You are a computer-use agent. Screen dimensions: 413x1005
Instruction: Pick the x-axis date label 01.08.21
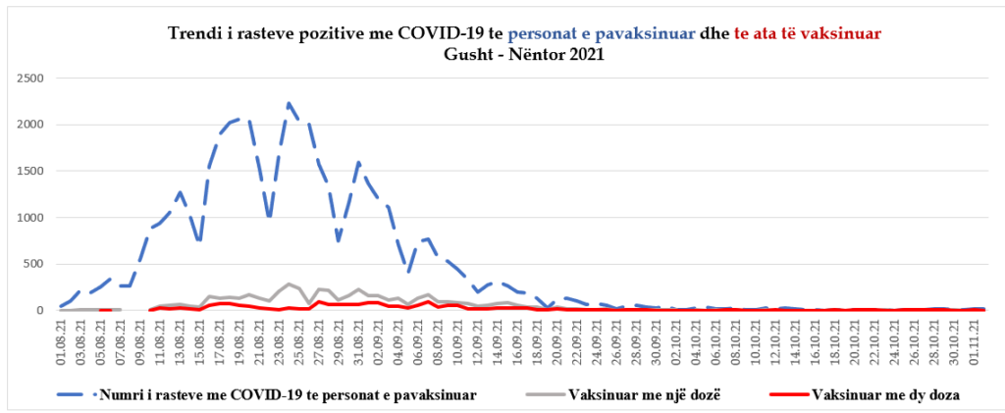coord(61,341)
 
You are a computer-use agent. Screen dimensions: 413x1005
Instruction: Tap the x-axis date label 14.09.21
coord(500,341)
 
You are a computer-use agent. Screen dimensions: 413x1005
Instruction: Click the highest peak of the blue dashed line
coord(289,103)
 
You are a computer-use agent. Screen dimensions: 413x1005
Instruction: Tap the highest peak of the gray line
coord(289,284)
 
